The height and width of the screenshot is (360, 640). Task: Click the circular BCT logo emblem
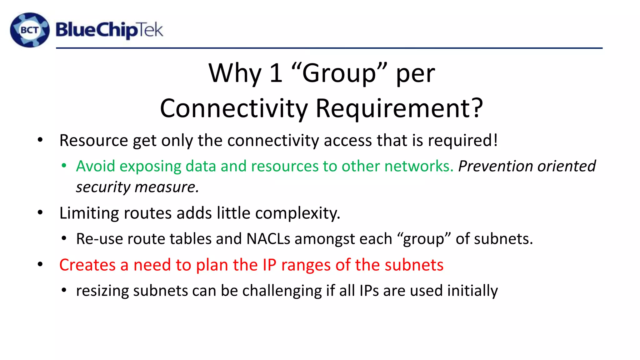tap(30, 30)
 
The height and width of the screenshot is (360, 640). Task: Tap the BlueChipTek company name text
tap(109, 30)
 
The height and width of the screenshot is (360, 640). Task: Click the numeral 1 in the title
tap(276, 73)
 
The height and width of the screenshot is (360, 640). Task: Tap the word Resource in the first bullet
tap(93, 140)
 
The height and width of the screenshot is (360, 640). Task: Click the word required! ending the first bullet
tap(463, 140)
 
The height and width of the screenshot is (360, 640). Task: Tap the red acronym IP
tap(269, 265)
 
